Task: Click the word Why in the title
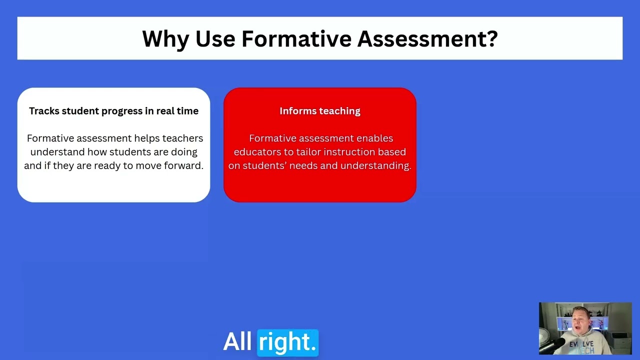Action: (x=165, y=39)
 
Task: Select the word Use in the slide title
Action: (x=215, y=39)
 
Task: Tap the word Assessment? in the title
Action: (x=427, y=39)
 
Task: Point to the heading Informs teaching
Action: (x=320, y=111)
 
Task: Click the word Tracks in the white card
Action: (x=44, y=111)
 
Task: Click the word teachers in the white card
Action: (x=182, y=138)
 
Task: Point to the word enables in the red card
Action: (x=374, y=138)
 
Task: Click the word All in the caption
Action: (x=237, y=342)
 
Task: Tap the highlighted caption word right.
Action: (x=287, y=342)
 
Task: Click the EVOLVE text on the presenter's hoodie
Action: (x=581, y=344)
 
